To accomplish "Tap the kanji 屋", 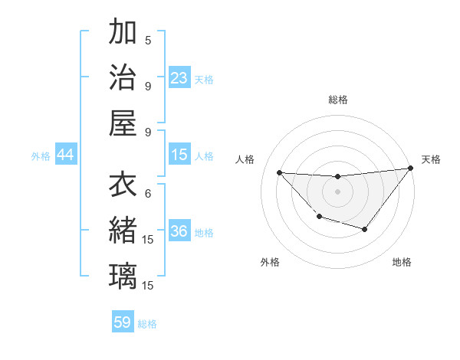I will tap(123, 123).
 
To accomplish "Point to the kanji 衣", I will tap(123, 186).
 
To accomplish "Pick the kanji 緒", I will tap(123, 231).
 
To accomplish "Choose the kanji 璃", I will tap(123, 276).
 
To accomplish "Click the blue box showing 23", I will tap(179, 78).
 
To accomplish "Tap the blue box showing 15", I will tap(179, 155).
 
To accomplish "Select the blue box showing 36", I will tap(179, 232).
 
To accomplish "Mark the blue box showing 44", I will tap(66, 155).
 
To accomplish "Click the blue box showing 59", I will tap(123, 322).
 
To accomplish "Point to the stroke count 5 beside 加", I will tap(148, 40).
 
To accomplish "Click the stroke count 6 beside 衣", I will tap(148, 193).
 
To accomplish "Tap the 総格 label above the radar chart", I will tap(337, 100).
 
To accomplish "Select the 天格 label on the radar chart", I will tap(431, 159).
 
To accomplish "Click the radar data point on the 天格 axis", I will tap(410, 169).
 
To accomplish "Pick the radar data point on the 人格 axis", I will tap(279, 172).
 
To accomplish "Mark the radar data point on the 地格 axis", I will tap(365, 229).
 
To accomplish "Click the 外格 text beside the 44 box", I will tap(41, 156).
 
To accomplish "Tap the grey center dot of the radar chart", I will tap(337, 191).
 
